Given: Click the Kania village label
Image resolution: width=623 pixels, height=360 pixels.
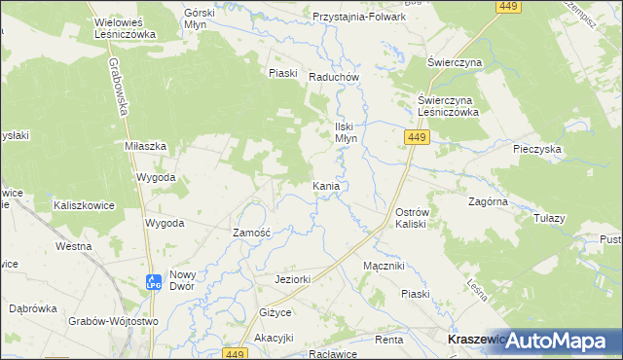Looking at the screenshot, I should coord(325,185).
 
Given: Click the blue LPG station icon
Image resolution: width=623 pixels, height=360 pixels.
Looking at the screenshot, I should coord(153,281).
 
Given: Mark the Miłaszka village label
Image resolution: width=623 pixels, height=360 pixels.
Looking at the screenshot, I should coord(146,145).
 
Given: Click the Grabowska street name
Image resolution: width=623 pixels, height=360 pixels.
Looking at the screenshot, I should coord(117,86).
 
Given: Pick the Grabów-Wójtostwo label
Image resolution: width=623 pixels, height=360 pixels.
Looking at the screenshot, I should coord(113,321).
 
